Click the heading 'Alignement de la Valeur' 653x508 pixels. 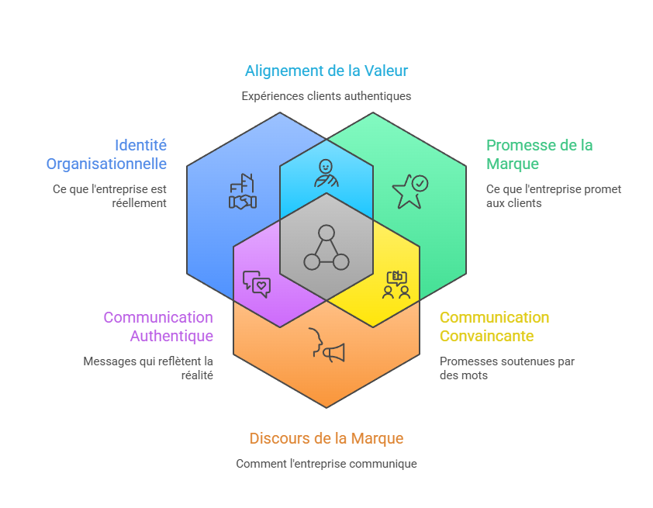coord(326,71)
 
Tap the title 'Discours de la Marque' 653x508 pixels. coord(326,438)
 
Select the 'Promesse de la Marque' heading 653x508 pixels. coord(539,154)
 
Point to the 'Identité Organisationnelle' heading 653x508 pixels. coord(106,154)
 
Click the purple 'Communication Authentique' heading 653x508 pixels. coord(158,327)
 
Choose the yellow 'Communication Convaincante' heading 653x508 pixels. coord(494,327)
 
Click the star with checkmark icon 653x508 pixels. coord(409,191)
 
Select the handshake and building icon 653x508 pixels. coord(243,192)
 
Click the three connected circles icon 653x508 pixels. coord(326,247)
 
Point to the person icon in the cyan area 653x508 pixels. coord(326,172)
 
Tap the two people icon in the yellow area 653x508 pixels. coord(396,285)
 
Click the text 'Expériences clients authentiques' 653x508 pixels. coord(326,96)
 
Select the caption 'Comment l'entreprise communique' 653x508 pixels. coord(326,464)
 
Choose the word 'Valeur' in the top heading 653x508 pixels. coord(385,71)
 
